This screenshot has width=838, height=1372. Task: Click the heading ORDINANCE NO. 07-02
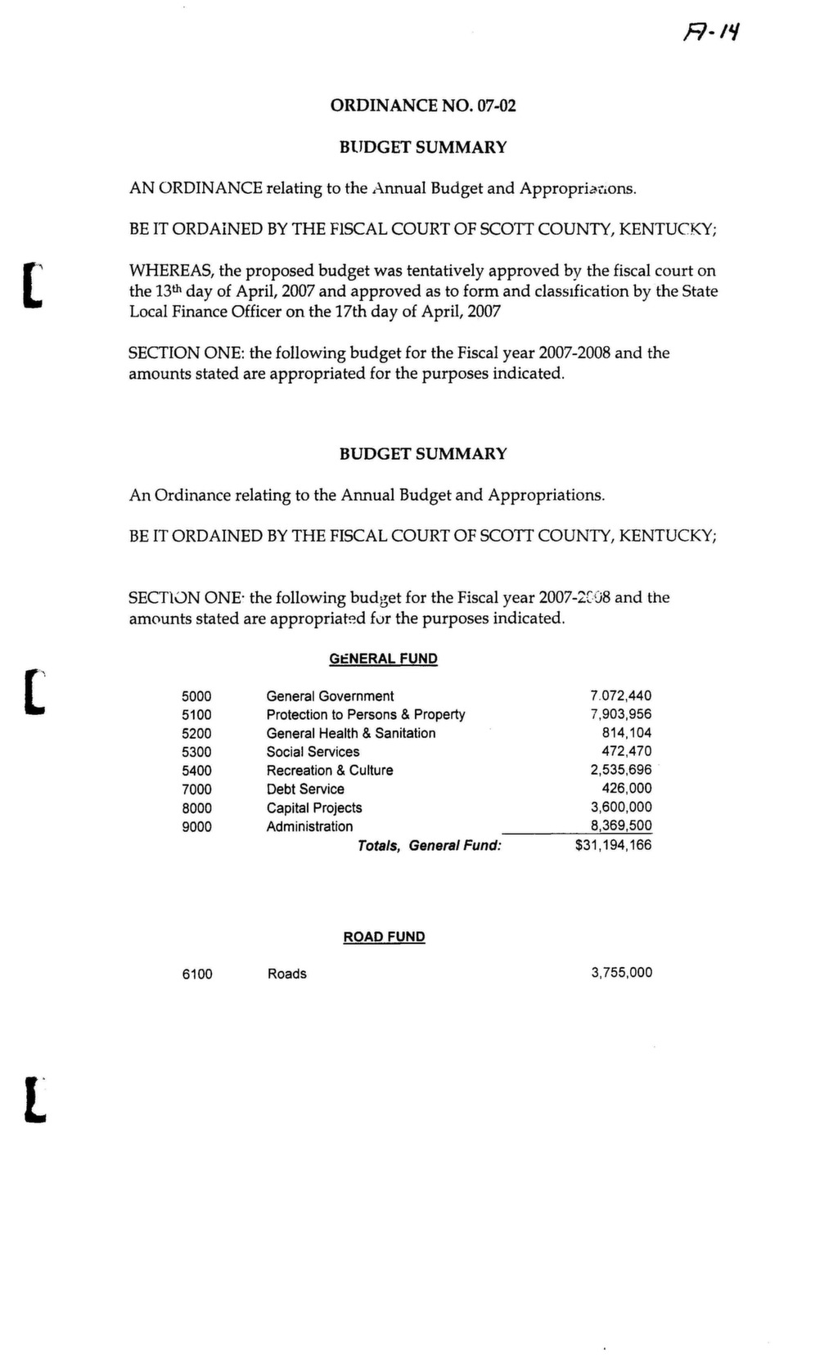coord(423,106)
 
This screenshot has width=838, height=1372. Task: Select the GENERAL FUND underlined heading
coord(383,659)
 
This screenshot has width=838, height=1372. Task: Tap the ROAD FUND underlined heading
coord(384,937)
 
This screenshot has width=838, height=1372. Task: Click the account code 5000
coord(196,696)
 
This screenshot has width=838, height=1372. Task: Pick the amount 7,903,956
coord(621,714)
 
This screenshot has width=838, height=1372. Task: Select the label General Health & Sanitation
coord(350,733)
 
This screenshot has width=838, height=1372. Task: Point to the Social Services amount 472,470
coord(627,751)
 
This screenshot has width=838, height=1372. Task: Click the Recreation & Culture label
coord(329,771)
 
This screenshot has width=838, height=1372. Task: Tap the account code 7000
coord(196,789)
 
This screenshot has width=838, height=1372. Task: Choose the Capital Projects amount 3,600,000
coord(621,807)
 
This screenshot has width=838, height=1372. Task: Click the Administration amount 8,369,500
coord(621,825)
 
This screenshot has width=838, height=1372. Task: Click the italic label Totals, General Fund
coord(429,846)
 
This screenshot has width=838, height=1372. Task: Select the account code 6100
coord(197,974)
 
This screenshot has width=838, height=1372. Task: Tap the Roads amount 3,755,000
coord(622,973)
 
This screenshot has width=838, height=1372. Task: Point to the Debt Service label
coord(305,789)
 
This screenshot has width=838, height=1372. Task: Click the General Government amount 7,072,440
coord(621,696)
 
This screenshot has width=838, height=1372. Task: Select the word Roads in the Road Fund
coord(287,974)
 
